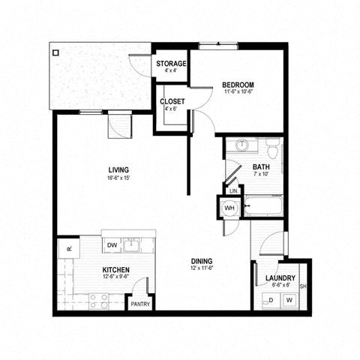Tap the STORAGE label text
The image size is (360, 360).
pyautogui.click(x=170, y=64)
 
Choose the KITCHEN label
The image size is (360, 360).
pyautogui.click(x=116, y=269)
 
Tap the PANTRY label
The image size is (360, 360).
pyautogui.click(x=140, y=304)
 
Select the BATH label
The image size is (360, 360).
pyautogui.click(x=261, y=167)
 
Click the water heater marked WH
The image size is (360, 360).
pyautogui.click(x=231, y=207)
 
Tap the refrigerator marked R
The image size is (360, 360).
pyautogui.click(x=67, y=248)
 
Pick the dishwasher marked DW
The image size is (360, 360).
pyautogui.click(x=112, y=245)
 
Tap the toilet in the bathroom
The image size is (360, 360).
pyautogui.click(x=273, y=147)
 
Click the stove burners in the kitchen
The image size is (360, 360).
pyautogui.click(x=99, y=301)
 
